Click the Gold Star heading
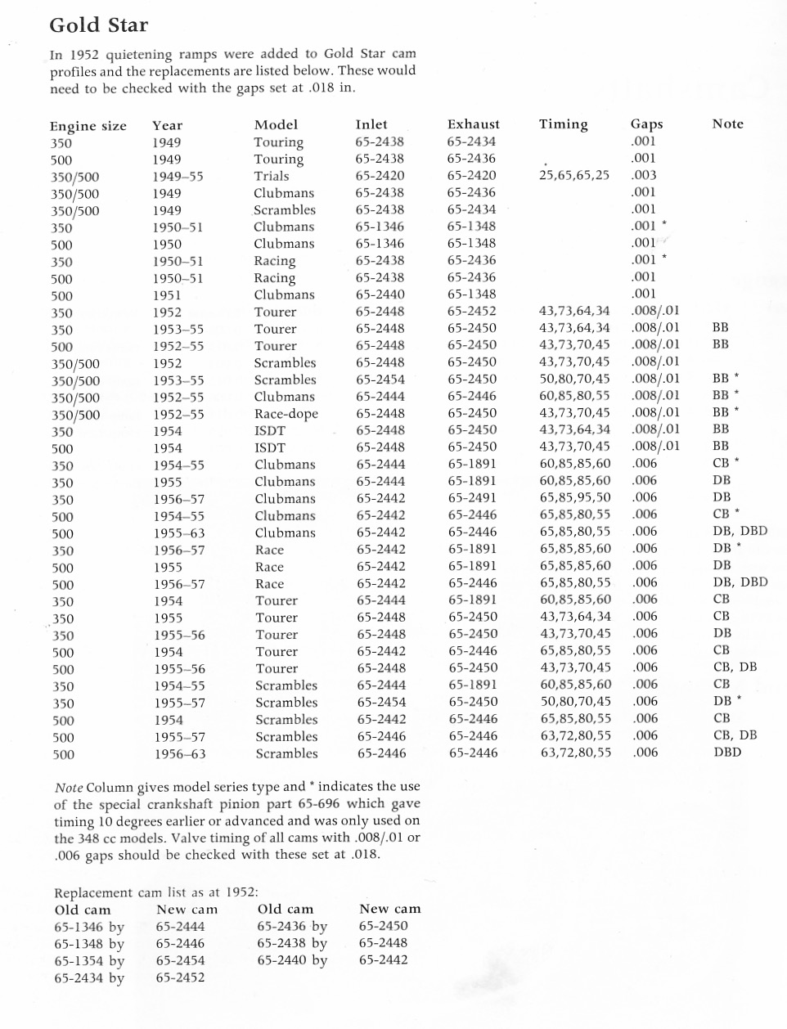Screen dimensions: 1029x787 [x=99, y=25]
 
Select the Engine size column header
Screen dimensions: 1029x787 [x=88, y=126]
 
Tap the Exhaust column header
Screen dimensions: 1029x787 [x=473, y=124]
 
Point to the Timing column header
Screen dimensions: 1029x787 [x=563, y=124]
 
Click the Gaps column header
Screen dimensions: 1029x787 [x=646, y=124]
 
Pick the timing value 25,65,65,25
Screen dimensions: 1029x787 [x=574, y=175]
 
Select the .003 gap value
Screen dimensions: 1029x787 [x=644, y=175]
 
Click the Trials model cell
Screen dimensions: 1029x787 [x=271, y=176]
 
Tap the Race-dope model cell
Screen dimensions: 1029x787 [x=286, y=414]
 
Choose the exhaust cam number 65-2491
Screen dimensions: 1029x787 [x=471, y=497]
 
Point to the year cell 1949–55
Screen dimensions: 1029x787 [x=178, y=177]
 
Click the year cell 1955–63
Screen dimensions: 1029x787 [x=178, y=532]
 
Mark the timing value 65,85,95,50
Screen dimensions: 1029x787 [x=574, y=497]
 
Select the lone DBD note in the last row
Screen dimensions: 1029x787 [x=727, y=752]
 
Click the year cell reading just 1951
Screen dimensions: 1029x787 [x=167, y=295]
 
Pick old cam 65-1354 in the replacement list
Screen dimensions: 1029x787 [x=89, y=961]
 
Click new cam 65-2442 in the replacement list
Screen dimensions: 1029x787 [x=383, y=959]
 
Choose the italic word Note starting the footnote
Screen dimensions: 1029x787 [x=69, y=787]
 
